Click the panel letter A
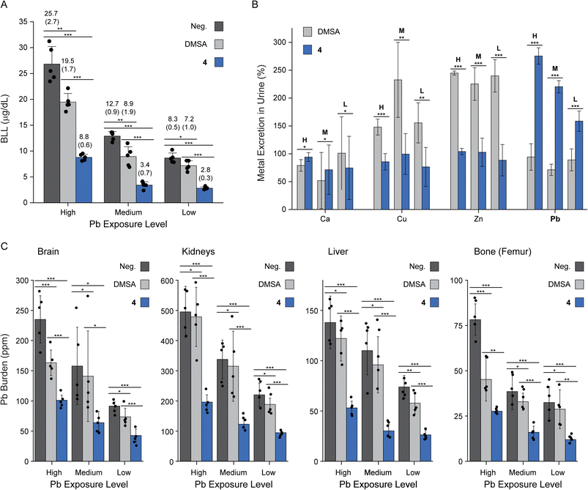click(x=5, y=6)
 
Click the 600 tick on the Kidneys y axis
click(x=165, y=281)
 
